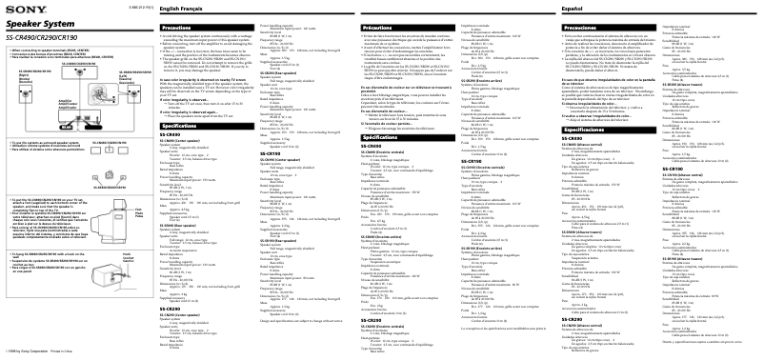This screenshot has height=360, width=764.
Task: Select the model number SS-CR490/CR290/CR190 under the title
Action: (43, 36)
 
